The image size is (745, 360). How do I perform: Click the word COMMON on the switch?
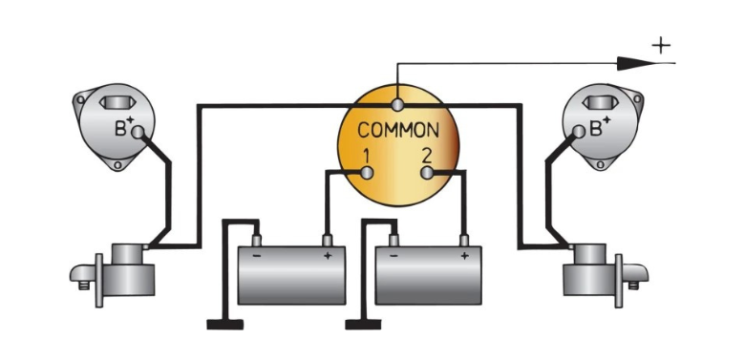(x=398, y=130)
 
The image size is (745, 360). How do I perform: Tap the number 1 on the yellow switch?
(x=366, y=157)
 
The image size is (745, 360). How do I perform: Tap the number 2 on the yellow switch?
(x=426, y=157)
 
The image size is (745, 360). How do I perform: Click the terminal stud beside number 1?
(x=367, y=173)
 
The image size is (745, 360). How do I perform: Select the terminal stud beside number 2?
(x=427, y=173)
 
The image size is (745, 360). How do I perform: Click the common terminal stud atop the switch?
(x=397, y=104)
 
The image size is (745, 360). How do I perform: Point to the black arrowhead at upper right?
(x=637, y=63)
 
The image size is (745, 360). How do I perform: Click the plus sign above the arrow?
(x=661, y=46)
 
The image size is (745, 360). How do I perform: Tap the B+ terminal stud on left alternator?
(x=138, y=132)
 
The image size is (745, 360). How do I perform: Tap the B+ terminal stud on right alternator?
(x=579, y=132)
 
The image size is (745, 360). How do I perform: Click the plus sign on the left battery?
(x=328, y=256)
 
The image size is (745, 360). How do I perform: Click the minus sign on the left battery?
(x=257, y=256)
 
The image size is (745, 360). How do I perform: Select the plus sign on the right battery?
(x=464, y=256)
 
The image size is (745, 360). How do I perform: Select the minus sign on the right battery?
(x=394, y=256)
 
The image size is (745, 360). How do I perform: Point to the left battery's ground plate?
(x=225, y=325)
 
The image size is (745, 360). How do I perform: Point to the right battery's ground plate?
(x=363, y=325)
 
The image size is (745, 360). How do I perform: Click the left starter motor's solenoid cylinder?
(x=127, y=254)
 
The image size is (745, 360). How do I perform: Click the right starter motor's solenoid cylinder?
(x=590, y=254)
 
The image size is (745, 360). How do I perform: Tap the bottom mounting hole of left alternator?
(x=117, y=166)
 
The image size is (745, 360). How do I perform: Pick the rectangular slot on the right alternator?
(x=601, y=102)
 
